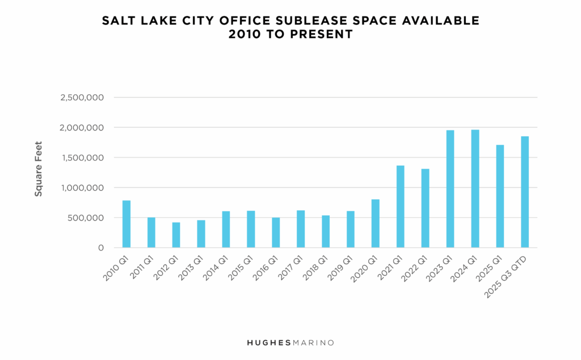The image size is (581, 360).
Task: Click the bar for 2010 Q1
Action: pyautogui.click(x=126, y=224)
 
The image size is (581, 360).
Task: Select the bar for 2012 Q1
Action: pyautogui.click(x=176, y=235)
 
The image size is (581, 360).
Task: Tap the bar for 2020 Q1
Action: pyautogui.click(x=375, y=224)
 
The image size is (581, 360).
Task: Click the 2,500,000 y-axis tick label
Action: pyautogui.click(x=82, y=98)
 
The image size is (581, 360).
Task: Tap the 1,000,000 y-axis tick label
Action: pyautogui.click(x=82, y=188)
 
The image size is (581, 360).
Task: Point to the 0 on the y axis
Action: pyautogui.click(x=100, y=248)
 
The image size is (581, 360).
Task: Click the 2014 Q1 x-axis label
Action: pyautogui.click(x=216, y=267)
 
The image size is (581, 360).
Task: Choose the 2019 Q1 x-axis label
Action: pyautogui.click(x=340, y=267)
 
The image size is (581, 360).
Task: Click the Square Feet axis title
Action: pyautogui.click(x=39, y=169)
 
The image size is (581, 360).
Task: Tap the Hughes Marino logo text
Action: pyautogui.click(x=290, y=343)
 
